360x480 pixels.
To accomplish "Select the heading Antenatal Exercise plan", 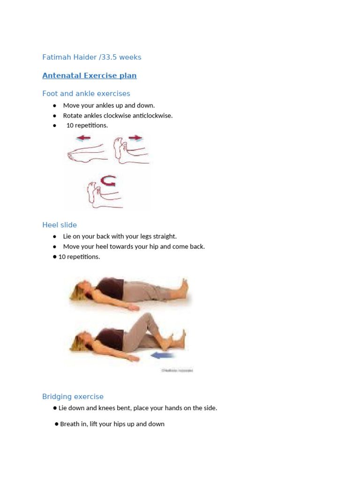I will coord(89,75).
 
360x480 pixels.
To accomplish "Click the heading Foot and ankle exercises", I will coord(86,94).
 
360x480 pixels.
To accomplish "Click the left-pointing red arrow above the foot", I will coord(84,138).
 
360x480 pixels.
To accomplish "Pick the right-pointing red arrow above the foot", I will coord(135,138).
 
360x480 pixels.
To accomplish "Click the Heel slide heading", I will coord(60,225).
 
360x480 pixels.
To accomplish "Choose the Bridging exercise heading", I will coord(73,397).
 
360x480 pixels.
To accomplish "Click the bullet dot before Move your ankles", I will coord(55,105).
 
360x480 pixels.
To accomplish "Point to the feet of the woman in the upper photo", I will coord(183,286).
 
